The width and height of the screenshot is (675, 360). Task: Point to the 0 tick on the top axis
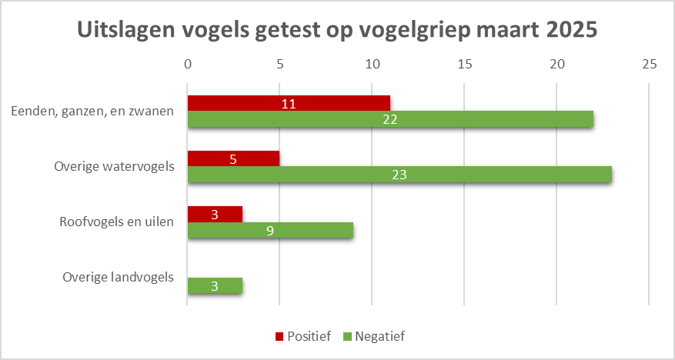click(x=187, y=65)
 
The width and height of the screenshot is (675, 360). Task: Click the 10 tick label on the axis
click(x=372, y=65)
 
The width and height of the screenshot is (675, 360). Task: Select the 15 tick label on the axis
click(x=464, y=65)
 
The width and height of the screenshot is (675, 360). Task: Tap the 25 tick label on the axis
click(x=649, y=65)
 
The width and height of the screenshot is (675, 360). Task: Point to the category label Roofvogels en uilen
click(x=117, y=222)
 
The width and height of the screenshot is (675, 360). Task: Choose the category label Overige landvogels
click(x=119, y=277)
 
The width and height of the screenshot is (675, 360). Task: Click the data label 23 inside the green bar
click(x=399, y=175)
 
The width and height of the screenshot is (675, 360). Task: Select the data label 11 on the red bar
click(x=289, y=103)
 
